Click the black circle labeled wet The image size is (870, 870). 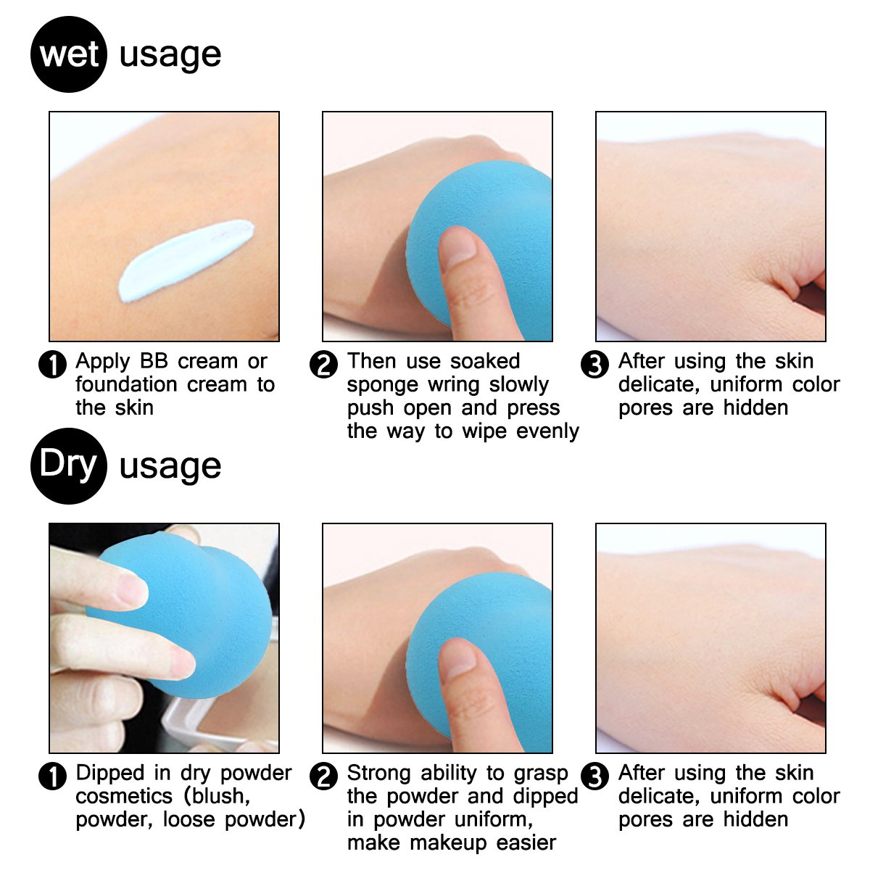tap(69, 54)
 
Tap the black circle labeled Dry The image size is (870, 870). tap(69, 465)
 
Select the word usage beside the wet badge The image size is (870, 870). tap(170, 55)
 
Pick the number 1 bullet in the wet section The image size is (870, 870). tap(52, 364)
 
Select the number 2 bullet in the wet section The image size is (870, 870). tap(323, 364)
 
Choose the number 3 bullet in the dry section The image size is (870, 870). tap(595, 776)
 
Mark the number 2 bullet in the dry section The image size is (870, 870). tap(323, 776)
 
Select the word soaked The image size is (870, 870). tap(484, 361)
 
